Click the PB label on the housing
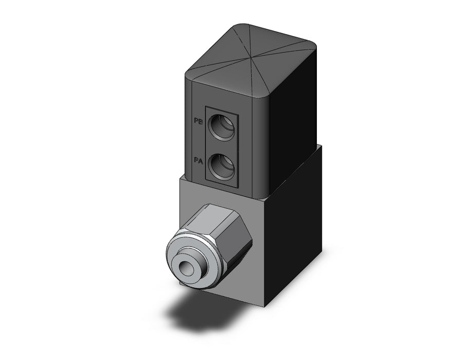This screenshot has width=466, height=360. click(x=199, y=121)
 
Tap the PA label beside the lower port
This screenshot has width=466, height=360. click(x=199, y=161)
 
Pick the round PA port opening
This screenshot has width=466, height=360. click(x=222, y=167)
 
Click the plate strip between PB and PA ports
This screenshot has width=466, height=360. click(x=222, y=147)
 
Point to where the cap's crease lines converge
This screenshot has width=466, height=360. click(x=252, y=56)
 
